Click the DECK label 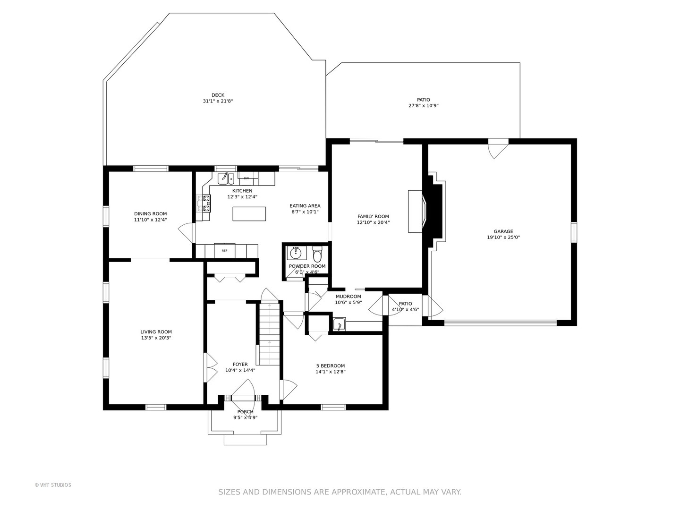coord(218,95)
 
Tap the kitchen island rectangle coord(249,213)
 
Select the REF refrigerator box coord(225,250)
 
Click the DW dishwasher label coord(246,178)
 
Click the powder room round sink coord(296,253)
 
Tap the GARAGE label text coord(503,231)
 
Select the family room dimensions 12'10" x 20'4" coord(373,222)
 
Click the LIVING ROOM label coord(156,332)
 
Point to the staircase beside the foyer coord(270,333)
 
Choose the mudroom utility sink coord(340,324)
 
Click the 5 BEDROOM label coord(330,365)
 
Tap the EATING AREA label coord(305,205)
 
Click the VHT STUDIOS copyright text coord(53,485)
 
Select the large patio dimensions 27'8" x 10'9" coord(424,106)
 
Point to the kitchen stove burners coord(204,204)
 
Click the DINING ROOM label coord(150,213)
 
